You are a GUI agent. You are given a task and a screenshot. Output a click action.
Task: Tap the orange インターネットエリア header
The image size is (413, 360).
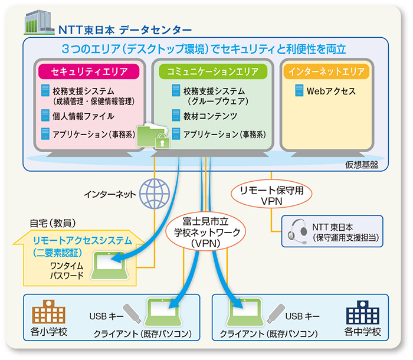tap(326, 71)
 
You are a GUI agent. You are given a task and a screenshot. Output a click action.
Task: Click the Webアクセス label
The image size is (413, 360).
tap(330, 91)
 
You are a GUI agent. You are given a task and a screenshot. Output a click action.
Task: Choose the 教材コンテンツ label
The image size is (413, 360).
tap(210, 116)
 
